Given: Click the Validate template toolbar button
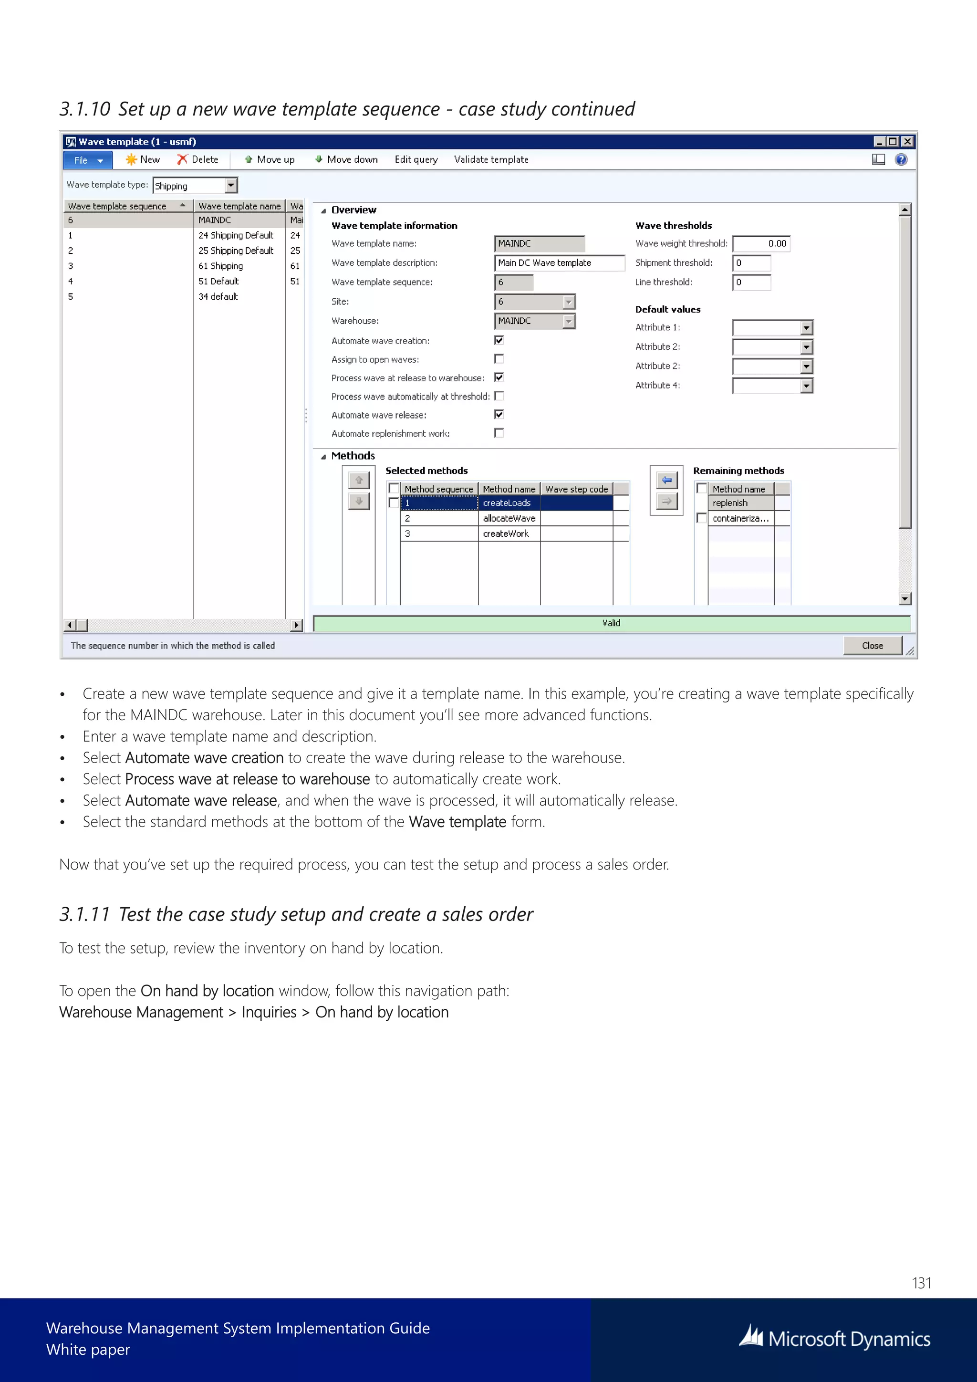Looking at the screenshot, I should tap(491, 159).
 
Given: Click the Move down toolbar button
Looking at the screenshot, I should tap(346, 159).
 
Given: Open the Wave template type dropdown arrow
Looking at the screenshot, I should tap(231, 185).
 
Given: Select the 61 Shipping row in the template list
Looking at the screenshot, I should tap(221, 266).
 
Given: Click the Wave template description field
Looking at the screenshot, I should tap(559, 263).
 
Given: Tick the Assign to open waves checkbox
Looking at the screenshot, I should tap(499, 359).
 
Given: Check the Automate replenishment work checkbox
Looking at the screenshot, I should tap(499, 433).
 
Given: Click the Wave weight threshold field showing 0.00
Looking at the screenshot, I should tap(760, 244).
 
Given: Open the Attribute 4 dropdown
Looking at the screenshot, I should tap(806, 386).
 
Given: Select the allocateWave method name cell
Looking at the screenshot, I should tap(509, 518).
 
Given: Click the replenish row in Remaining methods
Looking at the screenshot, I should tap(740, 503).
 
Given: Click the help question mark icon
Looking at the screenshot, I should tap(901, 159).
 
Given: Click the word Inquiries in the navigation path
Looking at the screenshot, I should tap(269, 1013).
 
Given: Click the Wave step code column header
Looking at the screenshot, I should tap(576, 489).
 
